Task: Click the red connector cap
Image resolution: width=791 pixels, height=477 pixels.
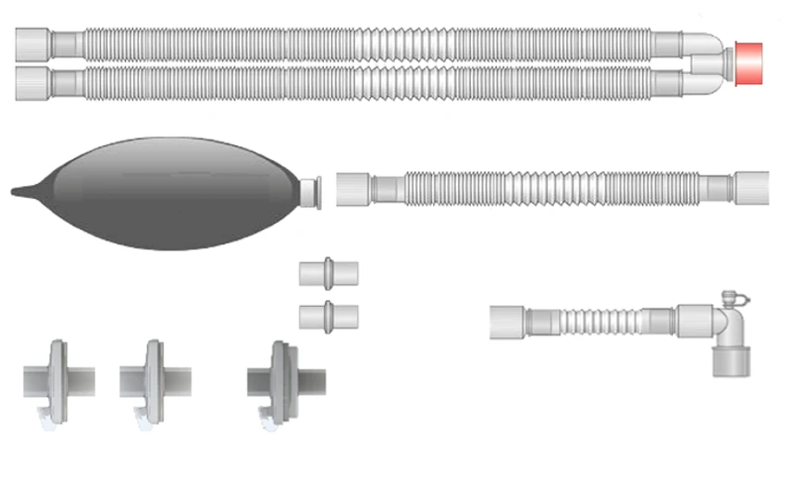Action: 748,63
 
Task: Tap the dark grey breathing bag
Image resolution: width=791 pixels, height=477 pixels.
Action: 176,193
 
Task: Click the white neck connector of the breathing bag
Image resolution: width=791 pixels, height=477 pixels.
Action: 312,191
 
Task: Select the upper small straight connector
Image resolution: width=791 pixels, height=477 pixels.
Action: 328,275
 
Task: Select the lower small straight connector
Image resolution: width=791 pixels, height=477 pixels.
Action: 328,315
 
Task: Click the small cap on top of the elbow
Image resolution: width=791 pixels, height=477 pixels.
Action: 735,299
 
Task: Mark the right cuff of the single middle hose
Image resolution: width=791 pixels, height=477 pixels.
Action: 751,187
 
